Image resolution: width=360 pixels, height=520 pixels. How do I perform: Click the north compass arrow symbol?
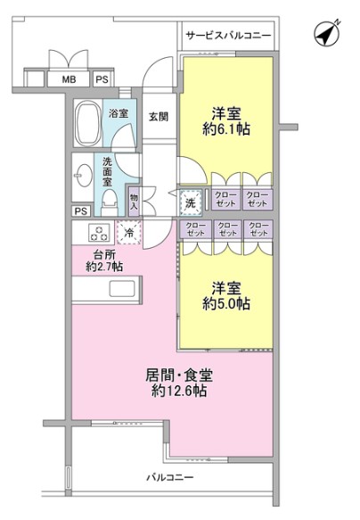[326, 35]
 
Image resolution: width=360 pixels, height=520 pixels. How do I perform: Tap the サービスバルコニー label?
[227, 37]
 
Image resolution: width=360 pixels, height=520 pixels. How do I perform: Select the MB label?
[69, 79]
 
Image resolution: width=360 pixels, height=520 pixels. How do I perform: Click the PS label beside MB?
[102, 79]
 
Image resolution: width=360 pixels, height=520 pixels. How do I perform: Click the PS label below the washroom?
[81, 211]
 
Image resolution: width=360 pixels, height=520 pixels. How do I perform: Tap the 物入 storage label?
[134, 202]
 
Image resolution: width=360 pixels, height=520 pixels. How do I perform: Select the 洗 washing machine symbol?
[190, 202]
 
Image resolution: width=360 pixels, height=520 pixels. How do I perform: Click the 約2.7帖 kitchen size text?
[104, 266]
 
